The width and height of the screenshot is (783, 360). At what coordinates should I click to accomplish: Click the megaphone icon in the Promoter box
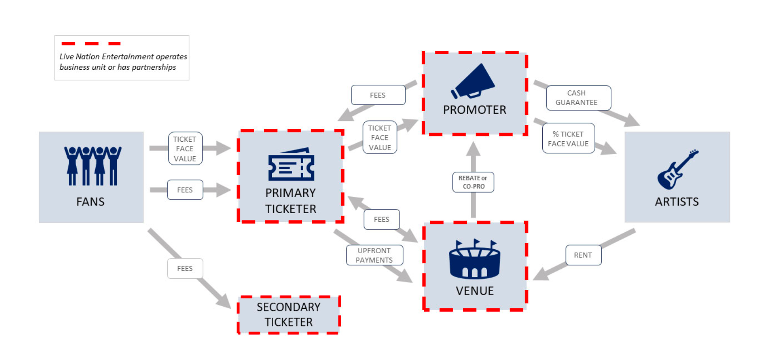click(473, 81)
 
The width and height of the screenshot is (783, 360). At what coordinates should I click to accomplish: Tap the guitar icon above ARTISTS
click(677, 170)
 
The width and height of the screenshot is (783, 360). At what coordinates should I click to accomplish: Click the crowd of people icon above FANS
click(93, 166)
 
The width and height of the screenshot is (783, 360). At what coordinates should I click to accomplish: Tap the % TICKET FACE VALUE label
click(568, 139)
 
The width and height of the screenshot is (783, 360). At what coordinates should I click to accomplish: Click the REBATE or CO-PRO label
click(473, 182)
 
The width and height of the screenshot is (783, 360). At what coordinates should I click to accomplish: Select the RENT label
click(583, 255)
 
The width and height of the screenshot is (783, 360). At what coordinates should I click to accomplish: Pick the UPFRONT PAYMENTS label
click(374, 255)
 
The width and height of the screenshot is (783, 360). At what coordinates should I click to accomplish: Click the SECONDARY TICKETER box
click(289, 315)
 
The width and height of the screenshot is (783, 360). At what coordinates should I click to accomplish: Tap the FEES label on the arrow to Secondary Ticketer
click(185, 268)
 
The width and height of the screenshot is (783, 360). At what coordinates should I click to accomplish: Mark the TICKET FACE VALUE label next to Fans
click(185, 149)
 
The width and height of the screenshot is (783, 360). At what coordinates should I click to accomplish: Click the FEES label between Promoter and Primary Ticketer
click(378, 95)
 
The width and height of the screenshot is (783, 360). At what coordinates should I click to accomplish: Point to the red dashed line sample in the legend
click(91, 43)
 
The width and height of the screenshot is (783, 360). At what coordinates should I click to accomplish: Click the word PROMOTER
click(475, 110)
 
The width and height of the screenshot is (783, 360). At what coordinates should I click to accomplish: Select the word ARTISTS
click(677, 202)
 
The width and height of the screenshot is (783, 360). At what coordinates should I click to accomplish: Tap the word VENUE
click(475, 291)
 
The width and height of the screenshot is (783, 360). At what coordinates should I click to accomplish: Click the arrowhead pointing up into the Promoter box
click(473, 148)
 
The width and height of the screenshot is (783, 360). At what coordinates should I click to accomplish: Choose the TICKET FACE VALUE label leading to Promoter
click(379, 138)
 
